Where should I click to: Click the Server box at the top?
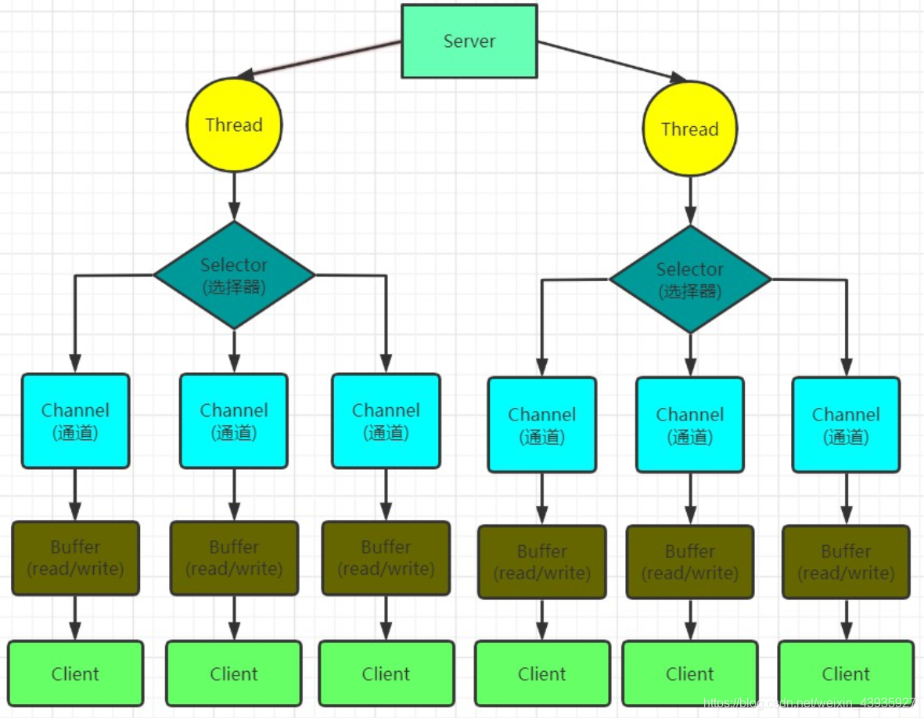tap(469, 41)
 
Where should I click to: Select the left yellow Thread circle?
tap(234, 125)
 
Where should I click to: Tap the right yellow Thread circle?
tap(689, 129)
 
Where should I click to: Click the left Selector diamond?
tap(234, 275)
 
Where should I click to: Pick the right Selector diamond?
tap(690, 280)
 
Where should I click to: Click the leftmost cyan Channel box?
tap(75, 421)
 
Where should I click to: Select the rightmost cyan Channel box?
tap(846, 425)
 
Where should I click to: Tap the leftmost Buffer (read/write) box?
tap(75, 557)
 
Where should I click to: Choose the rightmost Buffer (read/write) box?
tap(846, 561)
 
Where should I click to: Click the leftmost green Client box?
tap(75, 673)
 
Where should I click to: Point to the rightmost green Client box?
tap(846, 673)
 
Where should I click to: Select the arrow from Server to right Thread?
tap(610, 60)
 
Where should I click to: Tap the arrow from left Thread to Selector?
tap(234, 196)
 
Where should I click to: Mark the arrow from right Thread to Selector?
tap(690, 200)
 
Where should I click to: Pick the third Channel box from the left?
tap(386, 421)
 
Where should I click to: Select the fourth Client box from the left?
tap(542, 673)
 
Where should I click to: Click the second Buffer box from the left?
tap(234, 557)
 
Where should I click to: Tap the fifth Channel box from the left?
tap(690, 425)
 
